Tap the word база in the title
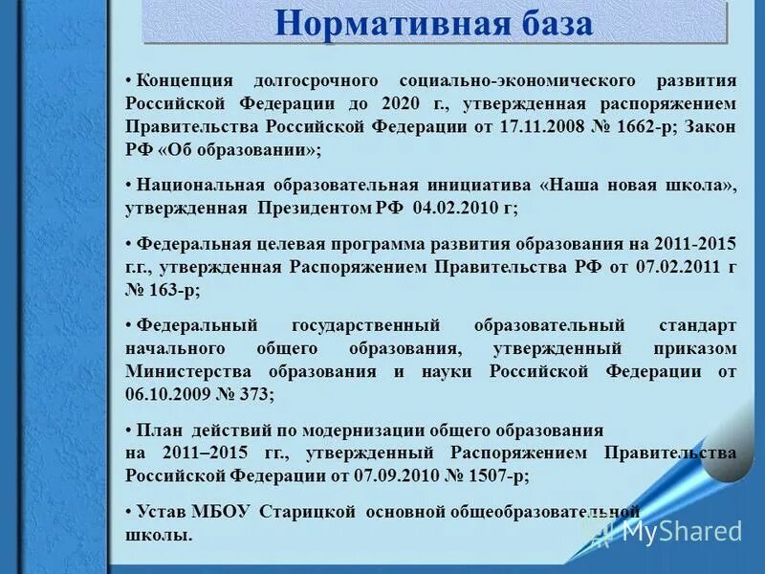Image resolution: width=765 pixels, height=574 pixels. click(x=551, y=23)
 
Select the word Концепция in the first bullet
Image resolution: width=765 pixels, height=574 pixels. click(x=188, y=80)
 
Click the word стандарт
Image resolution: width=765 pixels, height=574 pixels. click(x=697, y=325)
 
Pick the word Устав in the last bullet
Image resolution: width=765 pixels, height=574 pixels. click(x=163, y=512)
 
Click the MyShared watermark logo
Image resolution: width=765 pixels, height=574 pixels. click(x=669, y=530)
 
